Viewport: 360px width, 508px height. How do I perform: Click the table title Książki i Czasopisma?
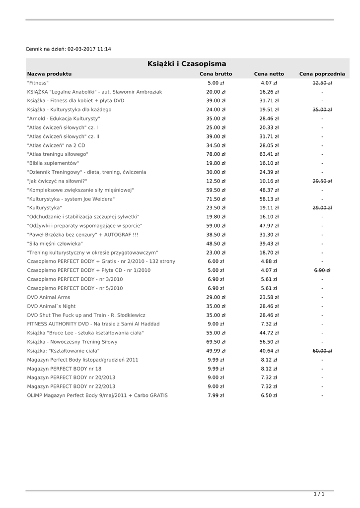pyautogui.click(x=187, y=64)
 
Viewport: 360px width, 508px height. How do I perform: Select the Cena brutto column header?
pyautogui.click(x=216, y=74)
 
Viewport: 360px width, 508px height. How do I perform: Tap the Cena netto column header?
pyautogui.click(x=269, y=74)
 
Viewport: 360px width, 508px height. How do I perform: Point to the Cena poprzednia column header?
pyautogui.click(x=322, y=74)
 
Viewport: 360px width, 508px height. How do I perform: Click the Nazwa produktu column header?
pyautogui.click(x=49, y=74)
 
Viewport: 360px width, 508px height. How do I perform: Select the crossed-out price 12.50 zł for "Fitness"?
pyautogui.click(x=322, y=83)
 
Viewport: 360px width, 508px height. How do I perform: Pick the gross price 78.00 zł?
pyautogui.click(x=216, y=154)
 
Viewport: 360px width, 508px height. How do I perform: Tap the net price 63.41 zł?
pyautogui.click(x=269, y=154)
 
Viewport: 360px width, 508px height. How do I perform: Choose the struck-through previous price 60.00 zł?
pyautogui.click(x=322, y=351)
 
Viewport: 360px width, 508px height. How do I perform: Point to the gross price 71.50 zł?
pyautogui.click(x=216, y=199)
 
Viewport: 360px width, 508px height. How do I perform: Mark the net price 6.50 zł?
pyautogui.click(x=269, y=395)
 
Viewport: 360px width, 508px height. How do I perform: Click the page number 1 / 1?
pyautogui.click(x=319, y=494)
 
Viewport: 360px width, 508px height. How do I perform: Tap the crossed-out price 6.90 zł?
pyautogui.click(x=322, y=270)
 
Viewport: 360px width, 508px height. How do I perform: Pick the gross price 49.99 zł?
pyautogui.click(x=216, y=351)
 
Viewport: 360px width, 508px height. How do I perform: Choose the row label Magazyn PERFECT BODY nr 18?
pyautogui.click(x=64, y=369)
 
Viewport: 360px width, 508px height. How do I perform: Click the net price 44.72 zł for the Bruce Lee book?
pyautogui.click(x=269, y=333)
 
